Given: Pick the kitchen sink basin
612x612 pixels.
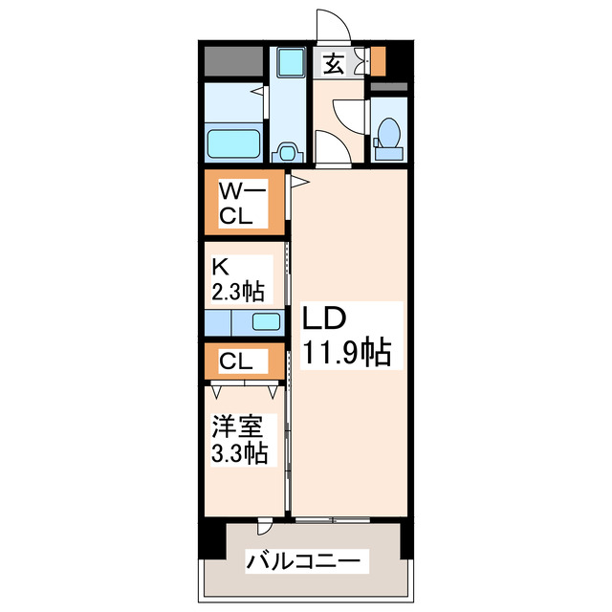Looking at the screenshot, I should click(267, 321).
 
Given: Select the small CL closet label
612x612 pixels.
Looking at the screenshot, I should click(235, 361).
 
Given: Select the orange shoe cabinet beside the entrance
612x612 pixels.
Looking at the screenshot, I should click(378, 60).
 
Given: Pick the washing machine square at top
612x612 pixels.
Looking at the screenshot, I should click(287, 62).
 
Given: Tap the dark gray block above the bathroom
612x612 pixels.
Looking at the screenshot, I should click(232, 61).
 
